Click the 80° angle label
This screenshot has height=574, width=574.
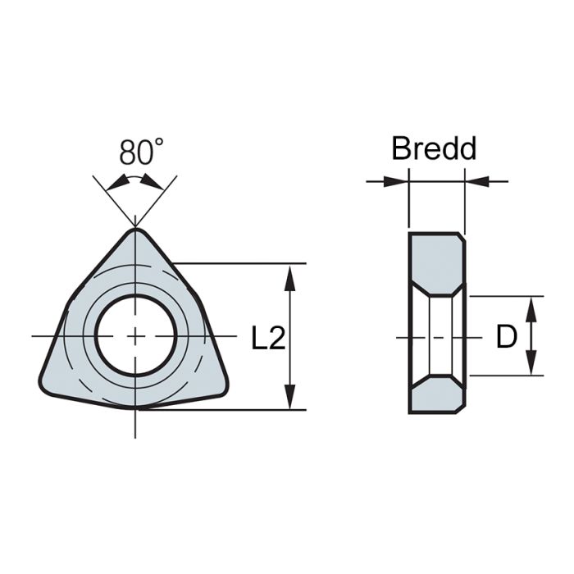point(141,153)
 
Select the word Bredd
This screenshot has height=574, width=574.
point(434,148)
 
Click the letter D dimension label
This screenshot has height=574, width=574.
point(507,336)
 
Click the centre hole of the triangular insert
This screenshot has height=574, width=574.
point(136,335)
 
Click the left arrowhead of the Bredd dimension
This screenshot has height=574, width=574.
point(399,180)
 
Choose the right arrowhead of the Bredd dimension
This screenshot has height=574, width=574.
point(473,180)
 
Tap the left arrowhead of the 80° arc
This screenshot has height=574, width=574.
point(115,181)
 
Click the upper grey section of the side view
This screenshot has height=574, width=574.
point(436,261)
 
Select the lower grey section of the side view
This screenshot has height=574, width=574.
point(436,397)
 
